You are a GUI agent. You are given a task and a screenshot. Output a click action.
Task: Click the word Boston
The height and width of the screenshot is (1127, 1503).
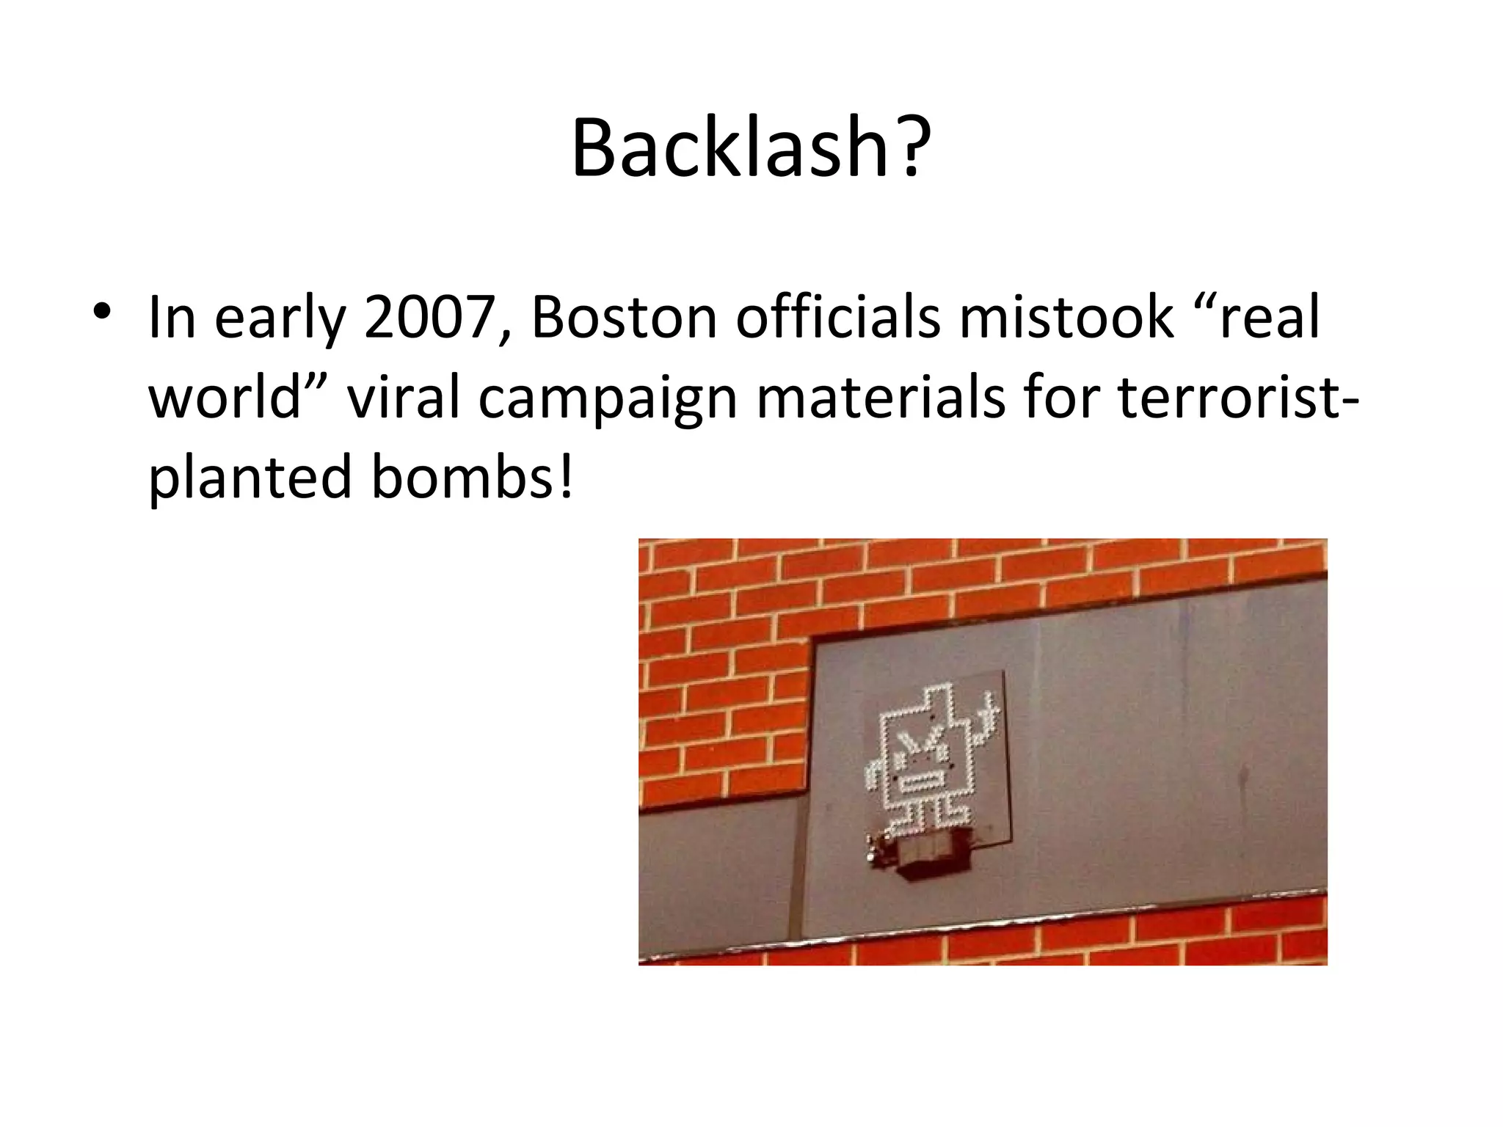pos(625,317)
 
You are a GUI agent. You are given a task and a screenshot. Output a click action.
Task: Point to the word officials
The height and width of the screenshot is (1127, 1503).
pos(837,317)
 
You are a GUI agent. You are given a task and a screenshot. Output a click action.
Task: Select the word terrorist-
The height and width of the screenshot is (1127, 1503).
pos(1238,397)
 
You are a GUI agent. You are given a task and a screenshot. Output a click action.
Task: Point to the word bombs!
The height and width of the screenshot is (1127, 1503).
pos(472,477)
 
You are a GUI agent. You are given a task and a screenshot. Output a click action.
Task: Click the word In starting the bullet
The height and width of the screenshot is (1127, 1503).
pos(172,317)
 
